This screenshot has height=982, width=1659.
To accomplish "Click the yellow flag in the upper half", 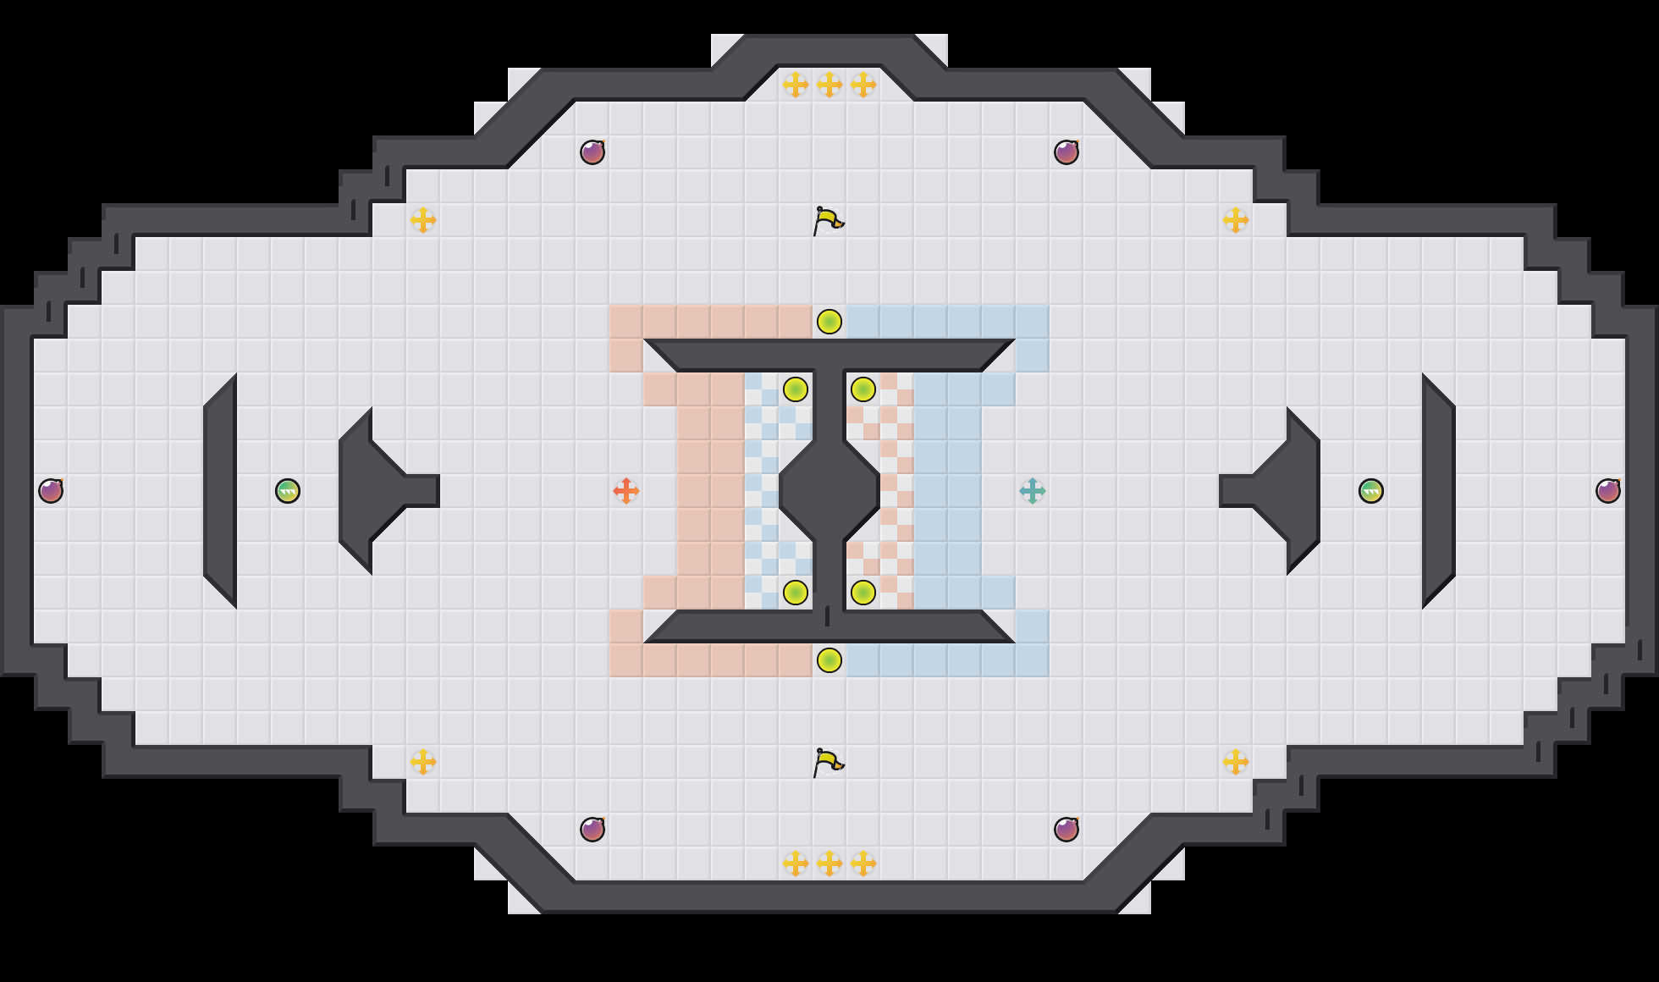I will [x=828, y=221].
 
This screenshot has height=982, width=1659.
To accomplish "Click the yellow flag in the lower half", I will [x=828, y=763].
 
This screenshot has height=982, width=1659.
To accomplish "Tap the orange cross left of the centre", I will [x=626, y=491].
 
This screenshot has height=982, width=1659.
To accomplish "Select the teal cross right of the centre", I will [x=1033, y=491].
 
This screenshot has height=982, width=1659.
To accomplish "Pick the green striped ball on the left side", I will [x=288, y=491].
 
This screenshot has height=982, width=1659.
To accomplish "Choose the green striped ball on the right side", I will [x=1371, y=491].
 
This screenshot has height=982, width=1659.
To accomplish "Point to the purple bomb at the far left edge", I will [x=51, y=491].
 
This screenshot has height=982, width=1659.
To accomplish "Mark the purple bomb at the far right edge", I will [x=1608, y=491].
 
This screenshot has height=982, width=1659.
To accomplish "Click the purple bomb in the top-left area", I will [x=592, y=152].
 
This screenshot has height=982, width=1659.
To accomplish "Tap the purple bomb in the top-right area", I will [x=1066, y=152].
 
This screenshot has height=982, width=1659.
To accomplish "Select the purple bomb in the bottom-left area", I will [x=592, y=830].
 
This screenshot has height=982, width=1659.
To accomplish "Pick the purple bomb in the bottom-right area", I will [x=1066, y=830].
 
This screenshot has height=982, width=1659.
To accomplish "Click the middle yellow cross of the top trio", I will [x=829, y=85].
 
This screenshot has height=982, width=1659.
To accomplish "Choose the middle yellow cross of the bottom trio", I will [x=829, y=863].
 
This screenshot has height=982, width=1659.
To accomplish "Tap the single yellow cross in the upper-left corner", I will [x=423, y=220].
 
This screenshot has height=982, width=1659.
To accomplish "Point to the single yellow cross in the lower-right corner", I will [x=1236, y=762].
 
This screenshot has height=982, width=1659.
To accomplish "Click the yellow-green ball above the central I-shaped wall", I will [x=829, y=322].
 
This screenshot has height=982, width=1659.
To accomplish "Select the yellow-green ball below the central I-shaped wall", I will [x=829, y=660].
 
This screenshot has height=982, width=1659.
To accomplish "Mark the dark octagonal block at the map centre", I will [x=829, y=491].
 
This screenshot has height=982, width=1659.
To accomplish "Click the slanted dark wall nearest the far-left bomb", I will [x=220, y=491].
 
